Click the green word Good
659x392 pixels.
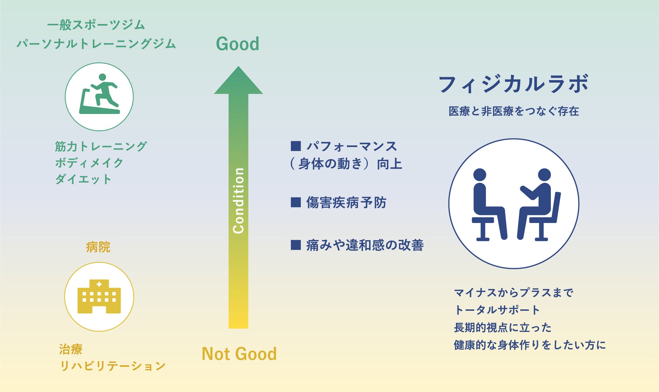coord(238,44)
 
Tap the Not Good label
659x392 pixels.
coord(239,354)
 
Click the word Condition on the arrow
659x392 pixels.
coord(239,200)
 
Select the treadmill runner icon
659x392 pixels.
coord(99,95)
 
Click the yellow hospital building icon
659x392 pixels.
coord(99,297)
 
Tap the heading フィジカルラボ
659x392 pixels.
coord(513,84)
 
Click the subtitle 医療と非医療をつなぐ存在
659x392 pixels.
coord(514,111)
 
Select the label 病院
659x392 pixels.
coord(98,247)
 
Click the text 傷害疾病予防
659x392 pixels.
coord(346,202)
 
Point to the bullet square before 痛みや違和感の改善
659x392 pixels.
coord(296,245)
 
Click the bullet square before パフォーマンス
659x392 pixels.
coord(296,146)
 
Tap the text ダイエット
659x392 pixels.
coord(83,179)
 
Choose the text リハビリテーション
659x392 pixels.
coord(113,366)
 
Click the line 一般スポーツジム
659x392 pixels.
coord(96,25)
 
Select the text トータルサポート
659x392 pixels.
coord(497,310)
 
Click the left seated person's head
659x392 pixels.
coord(480,175)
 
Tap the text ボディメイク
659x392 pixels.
coord(89,163)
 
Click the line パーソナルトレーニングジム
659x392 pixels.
coord(96,44)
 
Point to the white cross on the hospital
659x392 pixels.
coord(99,284)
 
